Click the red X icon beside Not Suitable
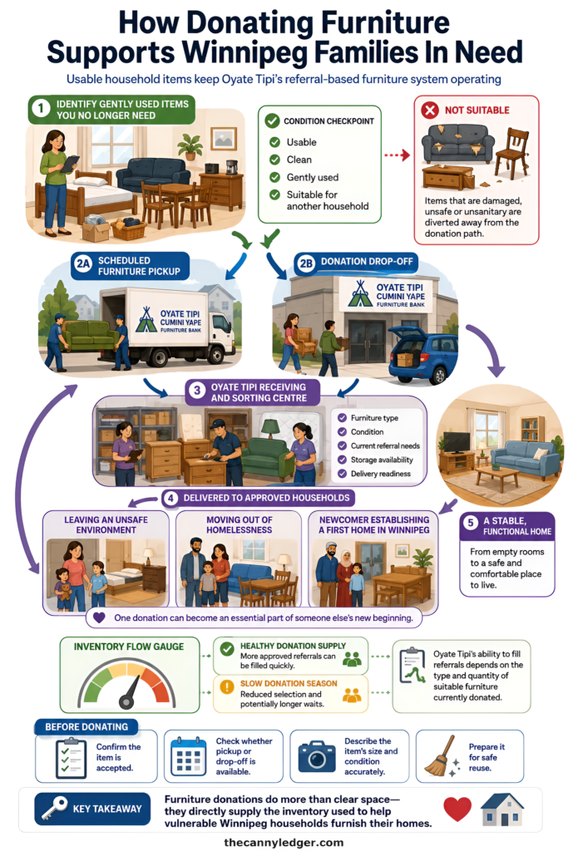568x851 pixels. click(x=429, y=111)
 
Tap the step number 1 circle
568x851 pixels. click(x=41, y=109)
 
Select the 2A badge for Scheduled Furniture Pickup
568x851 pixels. click(x=83, y=264)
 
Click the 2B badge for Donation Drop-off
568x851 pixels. click(x=306, y=263)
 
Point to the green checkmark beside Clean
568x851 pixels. click(x=274, y=160)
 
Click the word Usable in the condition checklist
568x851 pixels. click(x=301, y=142)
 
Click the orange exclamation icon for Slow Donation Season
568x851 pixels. click(x=226, y=686)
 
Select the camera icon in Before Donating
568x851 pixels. click(x=317, y=756)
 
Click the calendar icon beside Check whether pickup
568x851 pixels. click(x=188, y=756)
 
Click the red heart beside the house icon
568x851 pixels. click(x=457, y=809)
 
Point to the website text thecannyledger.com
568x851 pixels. click(x=284, y=843)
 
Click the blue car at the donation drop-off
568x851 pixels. click(x=422, y=352)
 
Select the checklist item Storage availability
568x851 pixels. click(x=382, y=460)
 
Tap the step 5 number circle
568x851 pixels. click(x=470, y=523)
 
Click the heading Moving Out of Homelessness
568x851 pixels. click(x=239, y=525)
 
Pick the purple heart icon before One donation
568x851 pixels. click(x=99, y=617)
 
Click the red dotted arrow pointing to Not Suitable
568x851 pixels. click(x=397, y=155)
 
